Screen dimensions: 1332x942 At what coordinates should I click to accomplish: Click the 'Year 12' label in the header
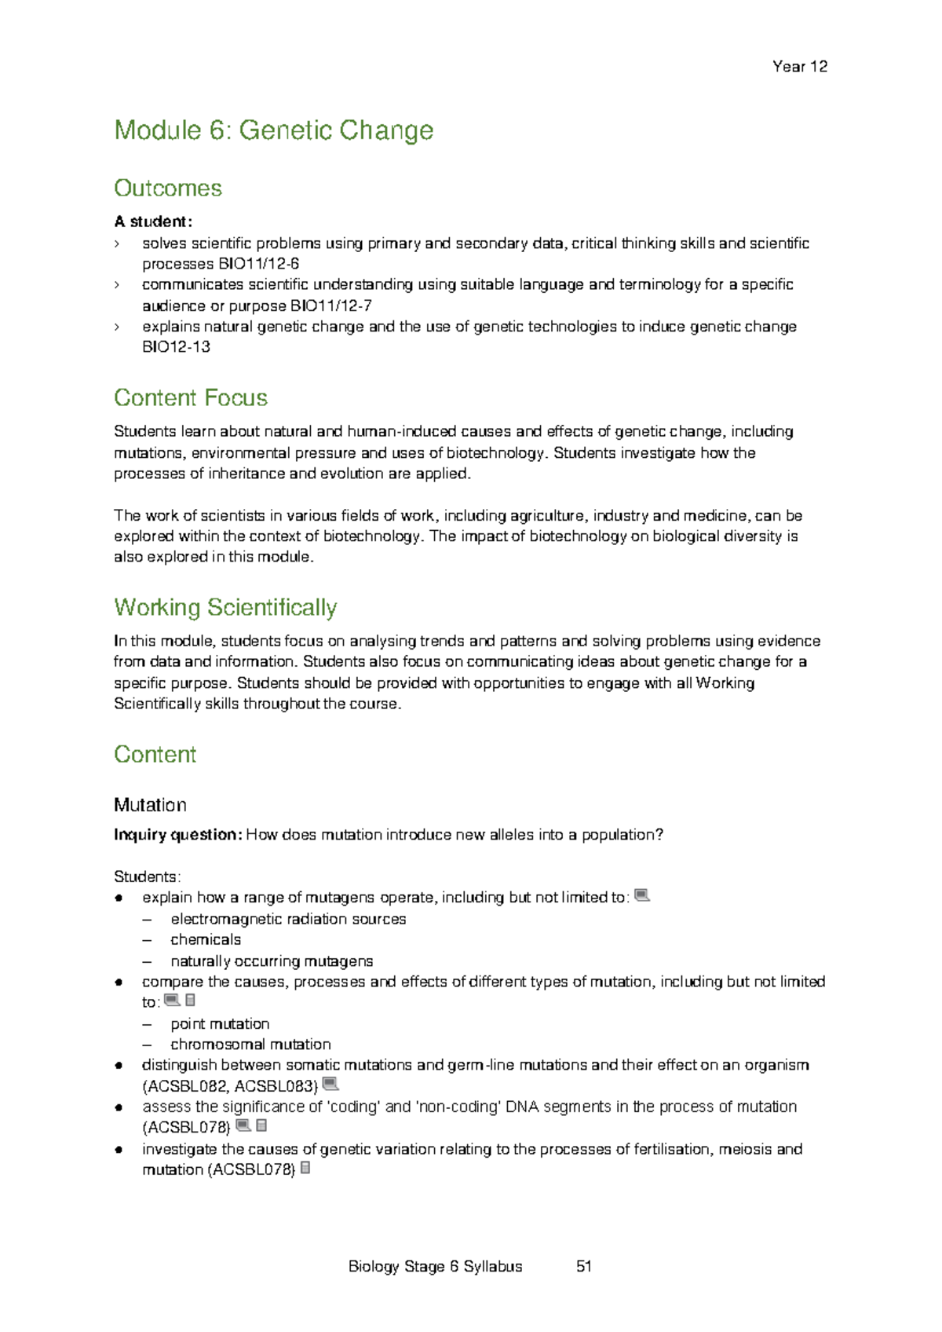799,67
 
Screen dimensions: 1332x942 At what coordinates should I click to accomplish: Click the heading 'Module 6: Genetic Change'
273,130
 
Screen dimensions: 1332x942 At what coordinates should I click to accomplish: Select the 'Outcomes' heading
168,188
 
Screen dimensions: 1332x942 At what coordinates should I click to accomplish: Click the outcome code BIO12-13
176,347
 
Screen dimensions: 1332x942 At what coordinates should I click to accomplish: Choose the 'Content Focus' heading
191,398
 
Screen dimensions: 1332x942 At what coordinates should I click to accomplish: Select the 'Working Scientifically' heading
225,608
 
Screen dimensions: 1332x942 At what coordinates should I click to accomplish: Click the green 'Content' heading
155,755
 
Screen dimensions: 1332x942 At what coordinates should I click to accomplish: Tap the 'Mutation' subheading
150,805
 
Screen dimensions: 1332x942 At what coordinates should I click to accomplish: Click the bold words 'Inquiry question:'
177,835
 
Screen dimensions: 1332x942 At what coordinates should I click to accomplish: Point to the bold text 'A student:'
153,221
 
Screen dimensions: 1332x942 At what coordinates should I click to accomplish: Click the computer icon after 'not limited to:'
641,895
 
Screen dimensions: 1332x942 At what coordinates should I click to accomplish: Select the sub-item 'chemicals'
206,940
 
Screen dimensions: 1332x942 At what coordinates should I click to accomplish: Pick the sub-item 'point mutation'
220,1024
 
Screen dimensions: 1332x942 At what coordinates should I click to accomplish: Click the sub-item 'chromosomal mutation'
250,1045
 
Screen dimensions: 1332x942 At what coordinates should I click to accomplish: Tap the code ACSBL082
186,1086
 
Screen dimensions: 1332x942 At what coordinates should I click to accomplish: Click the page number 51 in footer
583,1266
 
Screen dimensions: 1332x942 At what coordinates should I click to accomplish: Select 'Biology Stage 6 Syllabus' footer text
435,1266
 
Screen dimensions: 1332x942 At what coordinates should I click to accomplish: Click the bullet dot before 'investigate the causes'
119,1150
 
